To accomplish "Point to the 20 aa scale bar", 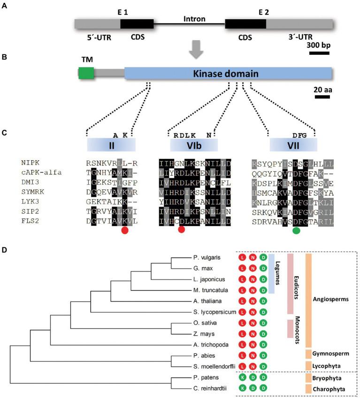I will [322, 97].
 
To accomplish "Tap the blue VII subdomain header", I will [293, 144].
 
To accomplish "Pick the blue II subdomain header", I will [111, 144].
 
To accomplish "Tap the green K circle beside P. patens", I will [242, 377].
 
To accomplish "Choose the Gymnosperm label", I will [330, 354].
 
